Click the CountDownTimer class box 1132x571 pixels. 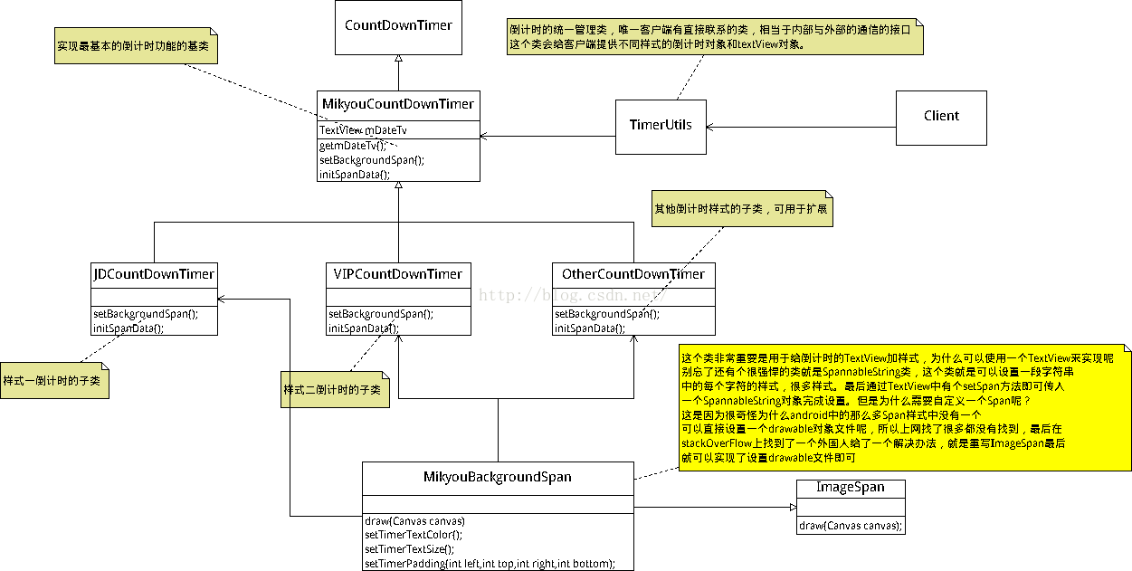point(398,27)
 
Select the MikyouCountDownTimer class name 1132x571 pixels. point(398,105)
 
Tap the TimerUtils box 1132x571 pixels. point(661,125)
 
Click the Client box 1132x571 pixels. point(941,117)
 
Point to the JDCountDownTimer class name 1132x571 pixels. point(154,274)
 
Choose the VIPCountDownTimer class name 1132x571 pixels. point(398,274)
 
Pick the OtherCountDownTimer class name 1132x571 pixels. point(633,274)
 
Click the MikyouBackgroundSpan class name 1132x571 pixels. point(498,477)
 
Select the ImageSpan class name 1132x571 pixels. point(850,488)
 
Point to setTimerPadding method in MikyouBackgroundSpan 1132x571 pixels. point(490,564)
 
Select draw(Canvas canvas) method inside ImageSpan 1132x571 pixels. point(850,526)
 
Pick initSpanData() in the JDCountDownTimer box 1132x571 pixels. point(128,328)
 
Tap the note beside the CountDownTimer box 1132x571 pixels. point(136,44)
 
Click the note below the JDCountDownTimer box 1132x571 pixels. point(54,381)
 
